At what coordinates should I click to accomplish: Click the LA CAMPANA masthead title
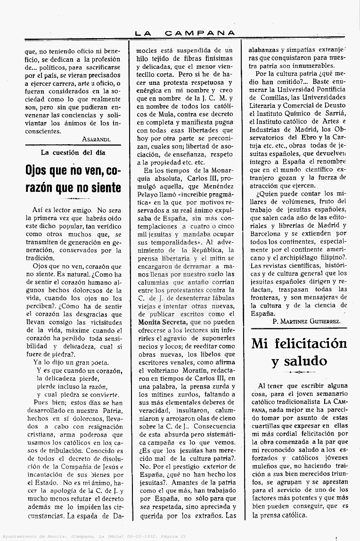click(185, 33)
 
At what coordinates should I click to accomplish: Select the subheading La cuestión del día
click(73, 153)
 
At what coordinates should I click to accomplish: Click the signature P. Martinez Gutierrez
click(307, 321)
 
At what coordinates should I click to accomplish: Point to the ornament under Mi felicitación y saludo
click(299, 372)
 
